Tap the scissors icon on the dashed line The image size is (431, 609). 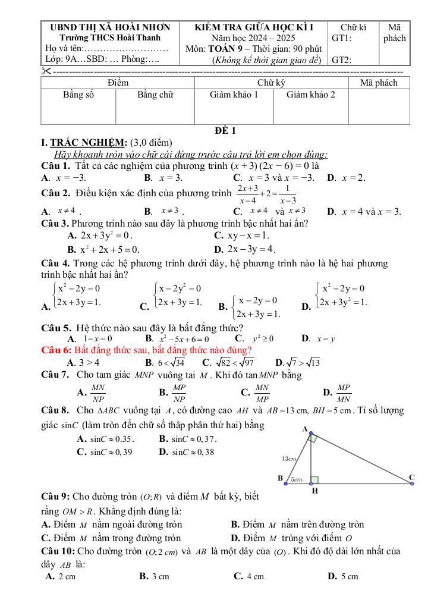point(47,72)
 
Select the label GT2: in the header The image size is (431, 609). point(341,60)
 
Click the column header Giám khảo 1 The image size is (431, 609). point(234,95)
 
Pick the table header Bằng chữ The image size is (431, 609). point(155,95)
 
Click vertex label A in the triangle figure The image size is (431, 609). point(304,429)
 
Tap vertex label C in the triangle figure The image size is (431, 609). point(411,477)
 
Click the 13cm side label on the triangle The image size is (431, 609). point(289,459)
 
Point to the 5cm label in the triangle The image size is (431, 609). point(297,479)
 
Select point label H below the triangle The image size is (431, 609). point(314,491)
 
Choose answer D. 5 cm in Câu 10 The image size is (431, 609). point(343,576)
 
